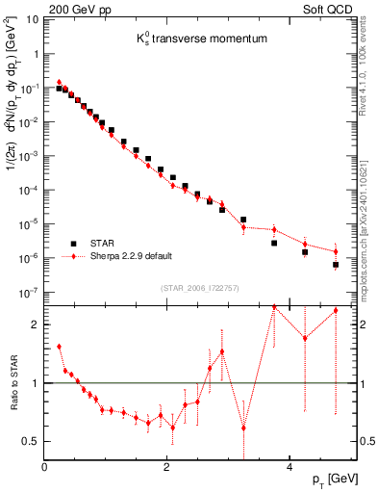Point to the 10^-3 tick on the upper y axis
[28, 155]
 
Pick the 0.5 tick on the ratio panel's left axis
[31, 441]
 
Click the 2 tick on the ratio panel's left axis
[36, 324]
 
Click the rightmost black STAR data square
[336, 264]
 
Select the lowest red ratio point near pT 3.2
[243, 428]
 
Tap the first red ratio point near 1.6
[59, 347]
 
